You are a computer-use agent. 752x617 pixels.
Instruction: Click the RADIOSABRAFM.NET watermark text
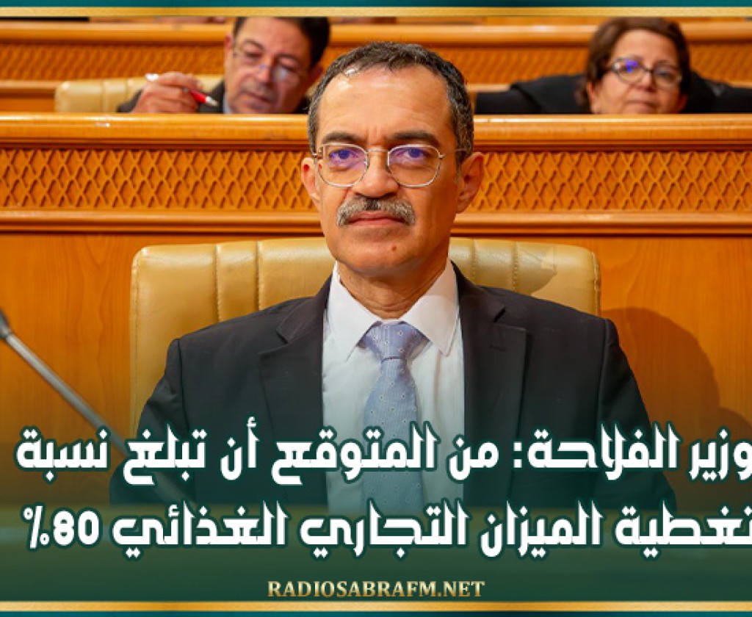pyautogui.click(x=375, y=588)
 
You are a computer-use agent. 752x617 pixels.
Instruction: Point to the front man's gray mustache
pyautogui.click(x=376, y=210)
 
